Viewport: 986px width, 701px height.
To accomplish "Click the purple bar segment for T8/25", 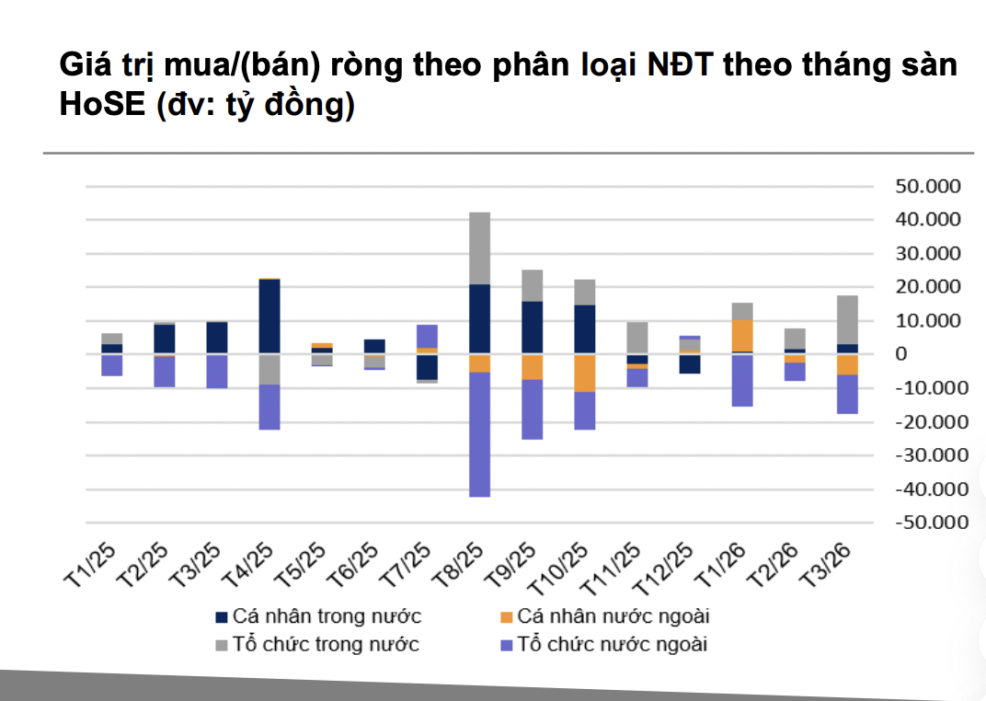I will pos(479,434).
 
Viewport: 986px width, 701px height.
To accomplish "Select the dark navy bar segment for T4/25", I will pos(269,316).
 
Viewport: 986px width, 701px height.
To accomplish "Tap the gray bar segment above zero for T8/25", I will pos(479,248).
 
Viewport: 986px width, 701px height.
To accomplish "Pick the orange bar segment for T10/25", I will pos(585,373).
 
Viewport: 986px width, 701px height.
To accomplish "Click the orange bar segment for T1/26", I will pos(742,336).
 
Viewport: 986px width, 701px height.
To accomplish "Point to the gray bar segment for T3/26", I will pos(847,319).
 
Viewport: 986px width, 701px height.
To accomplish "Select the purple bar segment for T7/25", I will pos(427,336).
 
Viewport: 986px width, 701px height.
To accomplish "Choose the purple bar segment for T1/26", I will pos(742,381).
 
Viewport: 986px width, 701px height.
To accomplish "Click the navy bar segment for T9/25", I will pos(532,327).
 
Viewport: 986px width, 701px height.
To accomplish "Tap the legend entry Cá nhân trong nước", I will pos(317,616).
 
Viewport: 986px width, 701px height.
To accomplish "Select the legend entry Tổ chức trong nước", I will pos(316,644).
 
